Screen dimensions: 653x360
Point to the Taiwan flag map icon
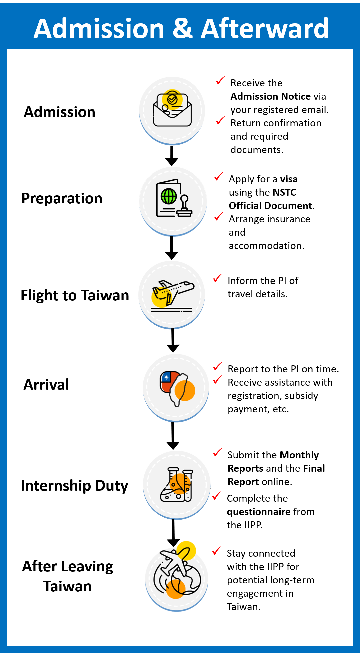click(x=177, y=388)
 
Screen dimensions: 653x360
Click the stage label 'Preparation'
click(x=62, y=198)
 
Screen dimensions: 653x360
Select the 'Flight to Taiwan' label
click(x=75, y=295)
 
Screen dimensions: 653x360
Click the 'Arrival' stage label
click(x=46, y=385)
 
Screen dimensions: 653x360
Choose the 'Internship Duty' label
click(x=74, y=486)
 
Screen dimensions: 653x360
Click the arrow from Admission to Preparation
click(x=172, y=156)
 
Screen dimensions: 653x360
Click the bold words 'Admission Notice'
click(x=271, y=96)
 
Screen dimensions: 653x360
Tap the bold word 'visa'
click(x=289, y=179)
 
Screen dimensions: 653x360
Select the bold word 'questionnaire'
click(x=259, y=512)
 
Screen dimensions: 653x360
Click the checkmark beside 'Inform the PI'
click(x=218, y=278)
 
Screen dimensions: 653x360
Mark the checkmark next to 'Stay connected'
click(x=217, y=551)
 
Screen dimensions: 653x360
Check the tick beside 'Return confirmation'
click(x=220, y=121)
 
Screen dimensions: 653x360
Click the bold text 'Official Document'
click(x=271, y=206)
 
